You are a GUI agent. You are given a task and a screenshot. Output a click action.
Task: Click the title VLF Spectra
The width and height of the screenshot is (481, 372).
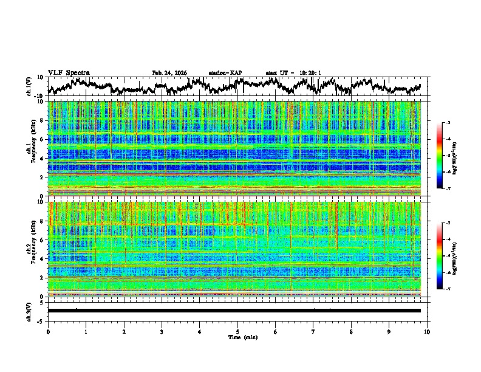(x=69, y=72)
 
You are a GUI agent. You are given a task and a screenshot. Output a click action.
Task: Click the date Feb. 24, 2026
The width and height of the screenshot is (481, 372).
(x=169, y=73)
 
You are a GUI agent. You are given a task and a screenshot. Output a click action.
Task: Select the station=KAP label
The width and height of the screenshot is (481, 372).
(x=225, y=73)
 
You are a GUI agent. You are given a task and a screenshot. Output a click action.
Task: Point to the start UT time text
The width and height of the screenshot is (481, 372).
(x=293, y=73)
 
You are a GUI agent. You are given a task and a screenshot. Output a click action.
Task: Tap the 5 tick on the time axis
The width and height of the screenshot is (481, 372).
(x=237, y=331)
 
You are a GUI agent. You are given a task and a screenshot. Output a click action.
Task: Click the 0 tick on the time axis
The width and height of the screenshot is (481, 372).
(x=48, y=331)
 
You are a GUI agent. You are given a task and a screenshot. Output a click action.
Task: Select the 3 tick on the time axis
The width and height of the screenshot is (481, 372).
(x=162, y=331)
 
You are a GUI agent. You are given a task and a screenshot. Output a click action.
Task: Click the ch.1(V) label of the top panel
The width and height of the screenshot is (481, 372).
(x=29, y=86)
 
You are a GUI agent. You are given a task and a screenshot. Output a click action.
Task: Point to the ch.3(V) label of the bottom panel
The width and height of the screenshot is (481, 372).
(x=29, y=311)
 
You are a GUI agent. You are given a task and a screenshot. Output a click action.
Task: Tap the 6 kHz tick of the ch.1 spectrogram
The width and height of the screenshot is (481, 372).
(x=41, y=139)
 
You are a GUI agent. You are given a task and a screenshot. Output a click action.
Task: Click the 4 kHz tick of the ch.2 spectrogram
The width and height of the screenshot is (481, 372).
(x=41, y=259)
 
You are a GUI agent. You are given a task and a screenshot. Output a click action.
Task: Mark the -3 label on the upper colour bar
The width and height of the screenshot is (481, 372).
(x=448, y=123)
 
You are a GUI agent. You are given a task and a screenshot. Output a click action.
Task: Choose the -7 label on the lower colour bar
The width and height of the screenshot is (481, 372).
(x=448, y=289)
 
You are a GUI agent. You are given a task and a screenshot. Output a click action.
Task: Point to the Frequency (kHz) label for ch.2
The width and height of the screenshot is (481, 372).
(x=35, y=250)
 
